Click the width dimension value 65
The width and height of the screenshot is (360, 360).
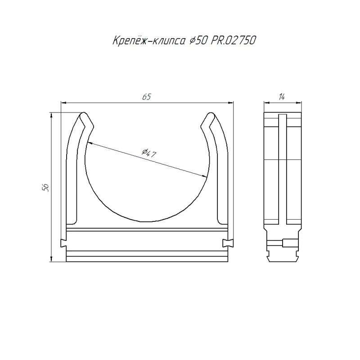pos(147,97)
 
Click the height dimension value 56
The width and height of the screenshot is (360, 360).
pos(45,187)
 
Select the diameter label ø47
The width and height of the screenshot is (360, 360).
pos(149,153)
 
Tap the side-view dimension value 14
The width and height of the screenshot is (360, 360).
pos(282,97)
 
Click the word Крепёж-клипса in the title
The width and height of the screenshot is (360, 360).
pos(149,40)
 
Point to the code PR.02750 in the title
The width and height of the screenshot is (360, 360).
pos(233,40)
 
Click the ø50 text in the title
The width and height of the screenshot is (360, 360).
pos(198,40)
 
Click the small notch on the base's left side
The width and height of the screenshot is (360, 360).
pos(63,243)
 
